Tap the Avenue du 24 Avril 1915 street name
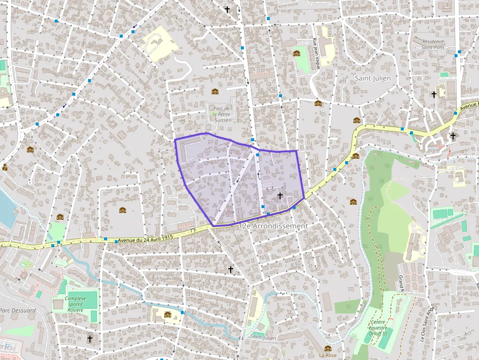(146, 239)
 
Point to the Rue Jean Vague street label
(316, 53)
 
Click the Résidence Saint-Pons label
(433, 44)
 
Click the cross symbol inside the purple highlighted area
(280, 196)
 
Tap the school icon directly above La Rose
(327, 348)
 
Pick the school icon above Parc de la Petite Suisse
(215, 91)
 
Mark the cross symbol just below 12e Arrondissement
(231, 269)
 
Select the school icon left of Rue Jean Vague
(296, 53)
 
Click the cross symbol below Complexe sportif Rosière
(90, 338)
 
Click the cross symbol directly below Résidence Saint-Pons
(434, 94)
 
